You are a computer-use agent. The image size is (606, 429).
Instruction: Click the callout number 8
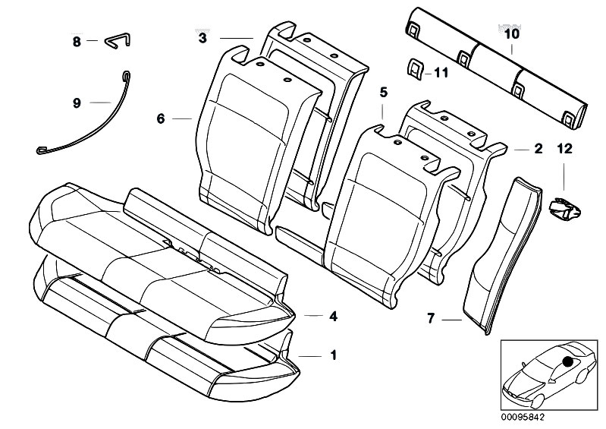77,42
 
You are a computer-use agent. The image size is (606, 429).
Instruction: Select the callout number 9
77,103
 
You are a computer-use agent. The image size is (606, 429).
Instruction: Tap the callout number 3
203,36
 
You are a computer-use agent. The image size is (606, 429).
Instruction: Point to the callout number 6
160,118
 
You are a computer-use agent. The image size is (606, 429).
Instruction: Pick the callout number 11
441,73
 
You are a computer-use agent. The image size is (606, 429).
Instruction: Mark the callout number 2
538,149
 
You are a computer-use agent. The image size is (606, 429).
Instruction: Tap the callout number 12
564,149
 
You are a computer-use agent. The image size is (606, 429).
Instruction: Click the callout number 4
333,317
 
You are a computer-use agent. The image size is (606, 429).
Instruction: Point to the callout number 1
333,354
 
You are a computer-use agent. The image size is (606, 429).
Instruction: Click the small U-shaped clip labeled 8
113,39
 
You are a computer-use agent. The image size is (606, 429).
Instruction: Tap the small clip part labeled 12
562,206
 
